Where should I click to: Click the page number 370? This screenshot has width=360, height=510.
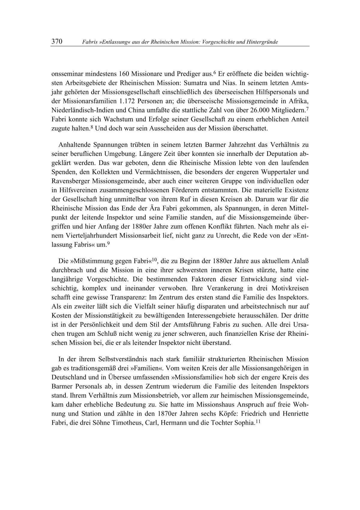click(56, 42)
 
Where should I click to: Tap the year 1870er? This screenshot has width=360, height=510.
click(165, 413)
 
